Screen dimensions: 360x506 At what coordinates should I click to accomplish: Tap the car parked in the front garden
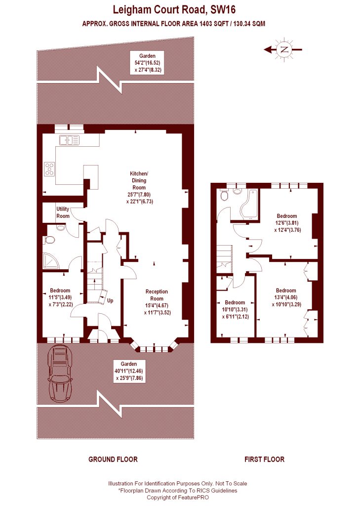[60, 373]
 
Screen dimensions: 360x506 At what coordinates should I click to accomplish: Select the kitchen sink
[69, 140]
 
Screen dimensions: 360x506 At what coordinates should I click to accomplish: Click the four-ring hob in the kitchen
[50, 169]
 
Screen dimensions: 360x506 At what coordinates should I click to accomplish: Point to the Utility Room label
[63, 212]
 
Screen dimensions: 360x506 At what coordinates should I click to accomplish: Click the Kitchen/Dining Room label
[139, 187]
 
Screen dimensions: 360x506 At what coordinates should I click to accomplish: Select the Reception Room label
[157, 302]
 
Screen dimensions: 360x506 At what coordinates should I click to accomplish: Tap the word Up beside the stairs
[110, 300]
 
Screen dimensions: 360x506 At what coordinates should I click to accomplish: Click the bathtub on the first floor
[249, 204]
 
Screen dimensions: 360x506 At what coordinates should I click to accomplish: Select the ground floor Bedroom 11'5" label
[60, 297]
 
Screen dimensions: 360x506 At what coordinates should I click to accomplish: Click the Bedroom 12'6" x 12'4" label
[287, 223]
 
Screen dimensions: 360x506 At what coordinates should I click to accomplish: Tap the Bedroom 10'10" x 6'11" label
[235, 309]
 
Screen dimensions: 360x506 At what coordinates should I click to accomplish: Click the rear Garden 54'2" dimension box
[147, 63]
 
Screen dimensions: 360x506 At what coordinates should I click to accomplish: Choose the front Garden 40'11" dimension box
[129, 371]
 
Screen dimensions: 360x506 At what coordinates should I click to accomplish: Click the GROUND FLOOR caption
[113, 459]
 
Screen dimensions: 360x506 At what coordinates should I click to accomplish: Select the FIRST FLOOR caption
[265, 459]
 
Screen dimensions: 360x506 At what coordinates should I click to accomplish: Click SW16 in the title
[223, 10]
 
